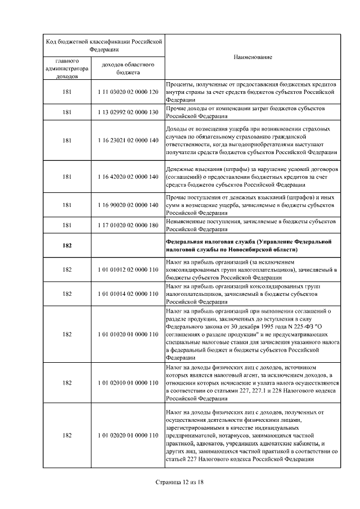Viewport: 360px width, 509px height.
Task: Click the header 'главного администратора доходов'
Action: click(x=67, y=68)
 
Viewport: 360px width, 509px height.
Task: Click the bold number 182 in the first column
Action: click(x=67, y=245)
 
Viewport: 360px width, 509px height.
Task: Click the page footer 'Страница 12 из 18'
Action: click(x=179, y=482)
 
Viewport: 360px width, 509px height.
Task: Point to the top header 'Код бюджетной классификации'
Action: click(x=103, y=45)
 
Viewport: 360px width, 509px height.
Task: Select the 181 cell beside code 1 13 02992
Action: click(x=67, y=112)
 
